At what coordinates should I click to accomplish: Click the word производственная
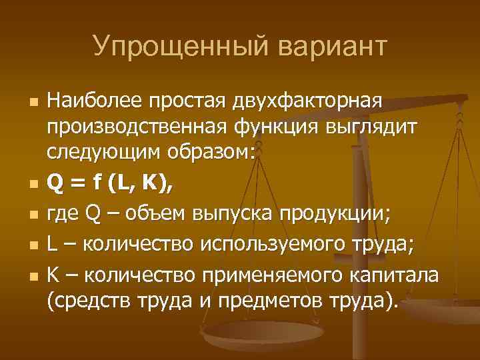point(138,128)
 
